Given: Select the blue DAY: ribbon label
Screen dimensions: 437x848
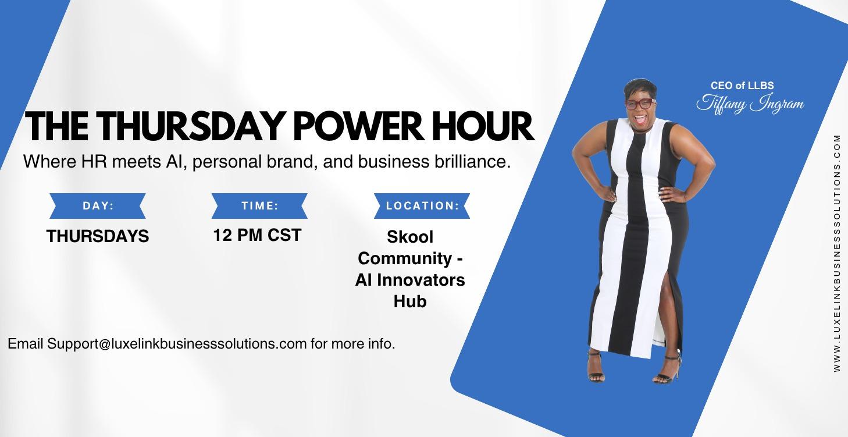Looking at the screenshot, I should pyautogui.click(x=98, y=206).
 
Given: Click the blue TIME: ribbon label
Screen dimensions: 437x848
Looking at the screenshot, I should pyautogui.click(x=259, y=206).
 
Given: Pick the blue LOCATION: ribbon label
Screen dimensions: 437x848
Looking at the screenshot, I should pyautogui.click(x=422, y=206).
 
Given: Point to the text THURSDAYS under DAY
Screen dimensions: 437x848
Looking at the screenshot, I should pyautogui.click(x=98, y=236).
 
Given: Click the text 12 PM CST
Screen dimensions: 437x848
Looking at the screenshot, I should pyautogui.click(x=257, y=235).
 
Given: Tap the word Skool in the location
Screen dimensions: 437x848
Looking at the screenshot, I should pyautogui.click(x=410, y=237).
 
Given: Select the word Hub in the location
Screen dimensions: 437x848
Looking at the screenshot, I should pyautogui.click(x=410, y=301).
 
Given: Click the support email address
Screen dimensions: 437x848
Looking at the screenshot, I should pyautogui.click(x=177, y=344).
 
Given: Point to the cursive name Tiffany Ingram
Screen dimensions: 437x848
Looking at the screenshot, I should pyautogui.click(x=750, y=104).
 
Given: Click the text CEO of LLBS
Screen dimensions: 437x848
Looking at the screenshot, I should pyautogui.click(x=742, y=86).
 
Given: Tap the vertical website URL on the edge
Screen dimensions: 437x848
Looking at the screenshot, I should pyautogui.click(x=837, y=253).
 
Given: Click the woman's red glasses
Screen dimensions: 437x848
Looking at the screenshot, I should pyautogui.click(x=640, y=105).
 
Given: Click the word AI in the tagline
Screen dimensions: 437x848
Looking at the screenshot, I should pyautogui.click(x=172, y=162).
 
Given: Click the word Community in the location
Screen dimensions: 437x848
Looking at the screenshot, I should pyautogui.click(x=405, y=258).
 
